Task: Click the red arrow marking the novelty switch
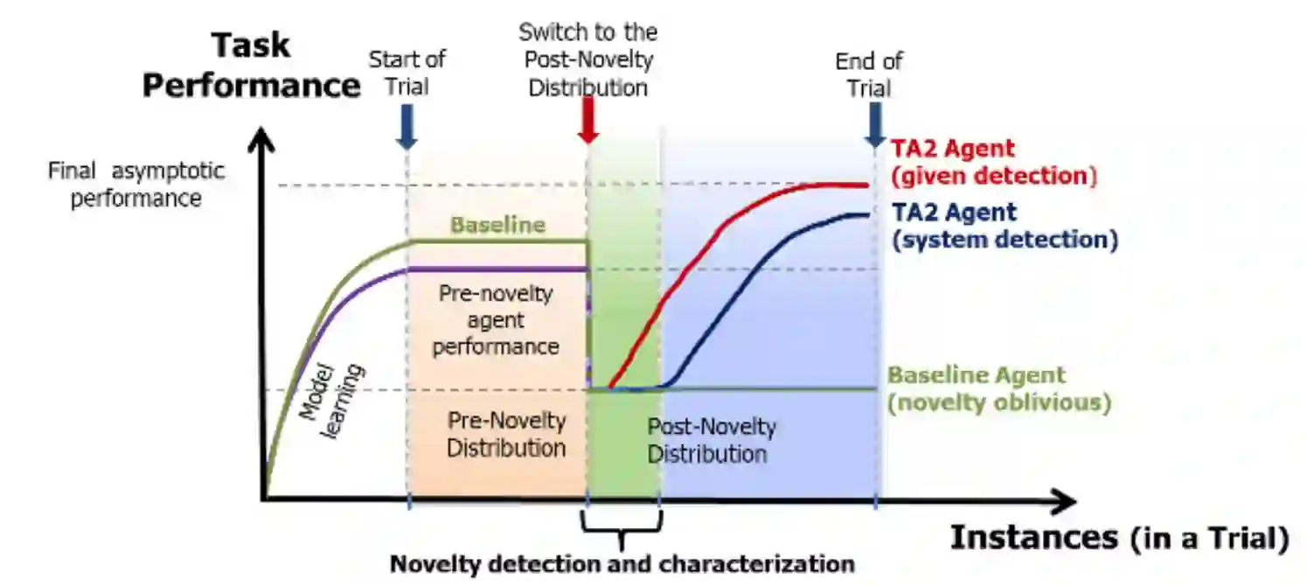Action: [588, 121]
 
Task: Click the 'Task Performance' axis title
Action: [251, 66]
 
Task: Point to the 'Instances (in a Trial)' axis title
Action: [1119, 538]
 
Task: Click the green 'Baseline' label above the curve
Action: [497, 225]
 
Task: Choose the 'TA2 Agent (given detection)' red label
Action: [993, 163]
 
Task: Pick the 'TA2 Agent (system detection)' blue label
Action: [1004, 226]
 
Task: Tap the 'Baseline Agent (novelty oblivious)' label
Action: [998, 390]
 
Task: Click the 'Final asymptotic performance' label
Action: [136, 185]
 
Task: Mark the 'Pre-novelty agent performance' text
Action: [496, 320]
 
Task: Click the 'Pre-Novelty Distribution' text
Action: [506, 434]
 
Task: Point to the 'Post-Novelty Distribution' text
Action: [711, 441]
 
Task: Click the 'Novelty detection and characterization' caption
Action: [622, 564]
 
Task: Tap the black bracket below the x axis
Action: [622, 525]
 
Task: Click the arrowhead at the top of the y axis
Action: [261, 141]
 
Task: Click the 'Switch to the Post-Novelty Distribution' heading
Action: [587, 60]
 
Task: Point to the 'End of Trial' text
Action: [868, 74]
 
